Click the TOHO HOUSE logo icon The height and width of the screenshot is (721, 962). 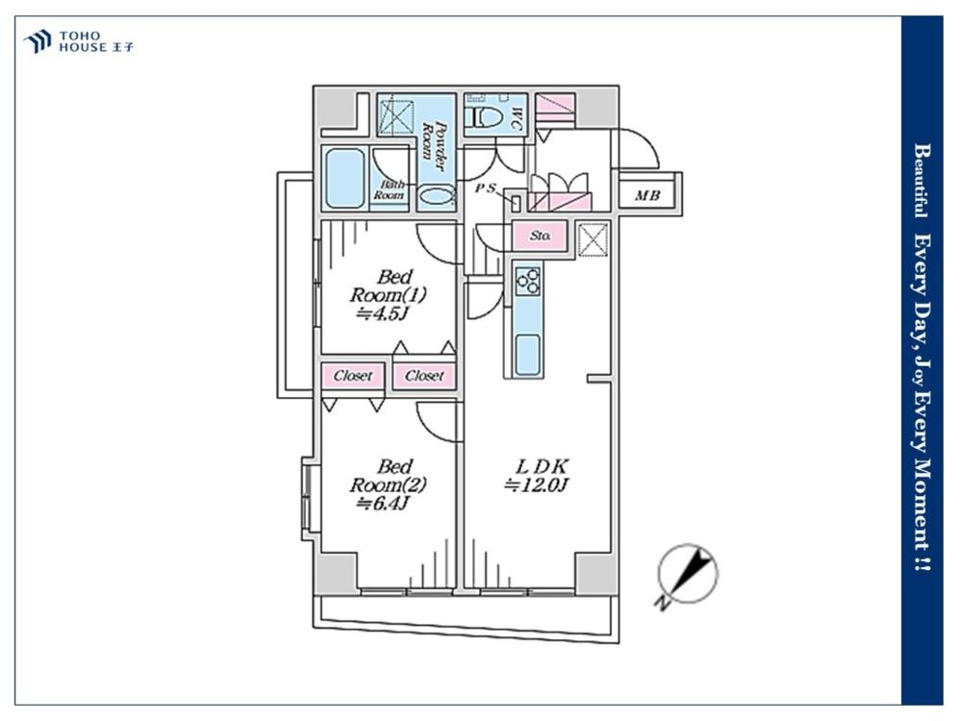(x=38, y=41)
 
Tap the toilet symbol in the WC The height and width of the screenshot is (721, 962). (x=487, y=116)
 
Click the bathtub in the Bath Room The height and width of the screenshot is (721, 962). (x=345, y=179)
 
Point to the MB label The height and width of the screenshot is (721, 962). (x=647, y=195)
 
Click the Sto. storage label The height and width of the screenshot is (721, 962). (x=540, y=236)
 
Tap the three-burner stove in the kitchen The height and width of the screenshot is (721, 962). (x=527, y=283)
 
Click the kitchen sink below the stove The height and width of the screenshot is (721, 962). (x=527, y=354)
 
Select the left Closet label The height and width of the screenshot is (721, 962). (x=353, y=375)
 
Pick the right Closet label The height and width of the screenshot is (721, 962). (x=424, y=375)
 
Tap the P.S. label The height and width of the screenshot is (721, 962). (x=486, y=188)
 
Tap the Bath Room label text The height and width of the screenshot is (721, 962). (x=389, y=189)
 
